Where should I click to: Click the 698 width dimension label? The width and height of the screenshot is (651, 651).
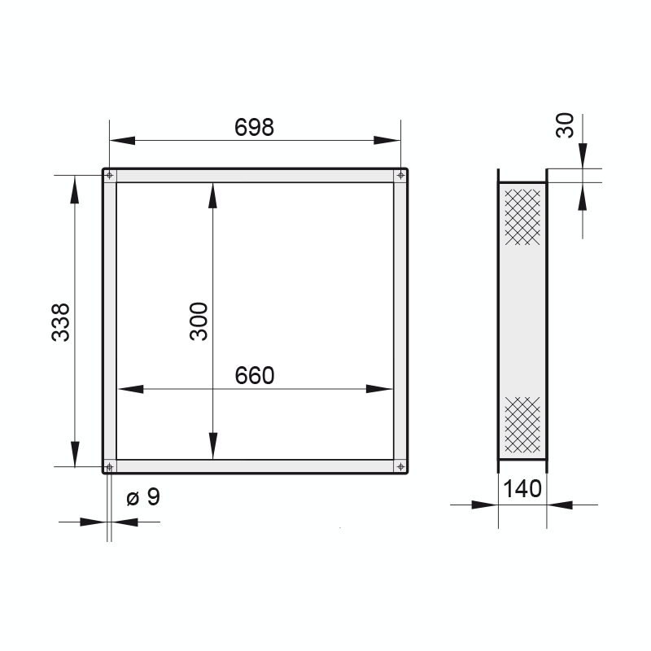254,127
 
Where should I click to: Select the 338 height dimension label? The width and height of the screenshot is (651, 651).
60,322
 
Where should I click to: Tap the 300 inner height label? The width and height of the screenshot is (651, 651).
199,321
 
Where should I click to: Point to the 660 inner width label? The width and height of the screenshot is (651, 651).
255,375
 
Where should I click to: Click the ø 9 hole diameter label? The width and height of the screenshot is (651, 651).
143,496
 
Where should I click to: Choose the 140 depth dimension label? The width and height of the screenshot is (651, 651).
522,489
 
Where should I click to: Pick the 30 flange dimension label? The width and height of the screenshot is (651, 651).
565,125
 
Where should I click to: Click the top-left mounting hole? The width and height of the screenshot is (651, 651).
110,175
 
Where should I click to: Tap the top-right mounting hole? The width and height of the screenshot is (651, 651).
400,175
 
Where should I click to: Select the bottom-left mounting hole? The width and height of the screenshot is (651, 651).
110,466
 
